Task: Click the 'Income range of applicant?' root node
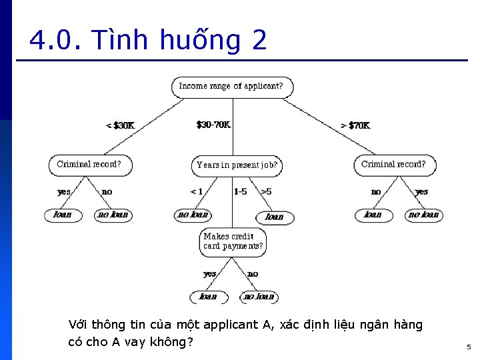coord(231,87)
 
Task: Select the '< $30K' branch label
coord(120,125)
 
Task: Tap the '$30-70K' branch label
coord(213,125)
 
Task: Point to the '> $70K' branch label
coord(355,125)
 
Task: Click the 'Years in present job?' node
coord(237,165)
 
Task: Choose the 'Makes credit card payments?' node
coord(233,241)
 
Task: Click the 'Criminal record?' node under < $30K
coord(90,165)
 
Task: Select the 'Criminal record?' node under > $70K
coord(393,165)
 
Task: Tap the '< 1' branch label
coord(196,191)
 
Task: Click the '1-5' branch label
coord(240,191)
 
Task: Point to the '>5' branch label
coord(265,191)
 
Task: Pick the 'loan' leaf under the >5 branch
coord(275,217)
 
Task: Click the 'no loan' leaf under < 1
coord(193,215)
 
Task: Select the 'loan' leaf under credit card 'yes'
coord(208,297)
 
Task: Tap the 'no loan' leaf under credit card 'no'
coord(259,297)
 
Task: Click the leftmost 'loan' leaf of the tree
coord(63,215)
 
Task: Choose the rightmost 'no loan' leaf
coord(424,215)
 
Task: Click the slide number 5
coord(468,347)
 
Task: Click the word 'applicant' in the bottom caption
coord(229,325)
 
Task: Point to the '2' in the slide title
coord(259,41)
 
